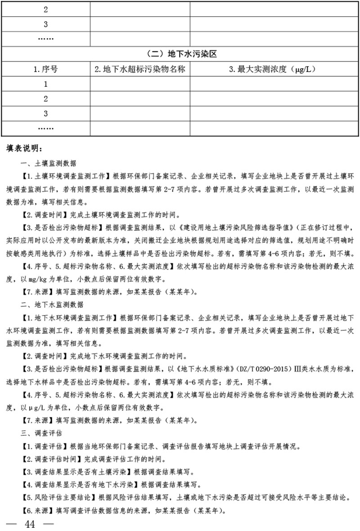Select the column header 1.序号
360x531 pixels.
45,69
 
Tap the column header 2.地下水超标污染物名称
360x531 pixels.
140,69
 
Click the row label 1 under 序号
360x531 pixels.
45,84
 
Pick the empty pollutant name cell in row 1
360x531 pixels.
140,84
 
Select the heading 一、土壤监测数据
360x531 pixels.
49,163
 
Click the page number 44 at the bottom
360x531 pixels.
30,524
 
